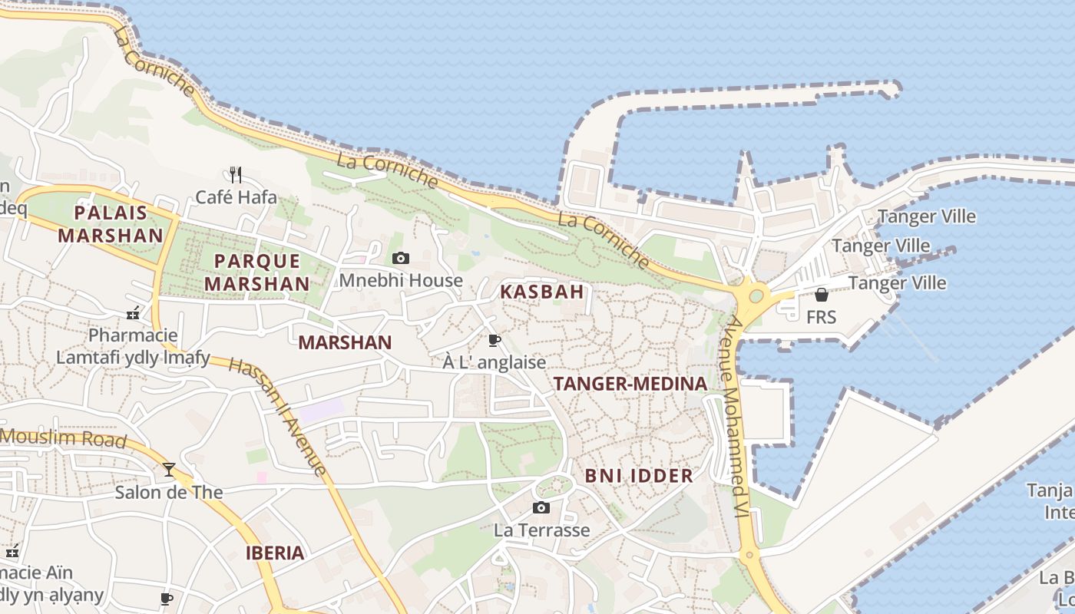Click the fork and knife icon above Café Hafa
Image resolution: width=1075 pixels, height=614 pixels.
pyautogui.click(x=236, y=175)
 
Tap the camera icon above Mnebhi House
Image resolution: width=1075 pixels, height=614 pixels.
pyautogui.click(x=401, y=258)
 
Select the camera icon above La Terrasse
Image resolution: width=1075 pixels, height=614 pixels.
pyautogui.click(x=541, y=507)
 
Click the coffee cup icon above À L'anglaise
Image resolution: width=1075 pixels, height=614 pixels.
pyautogui.click(x=495, y=340)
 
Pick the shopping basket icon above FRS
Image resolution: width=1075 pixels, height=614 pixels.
pyautogui.click(x=822, y=295)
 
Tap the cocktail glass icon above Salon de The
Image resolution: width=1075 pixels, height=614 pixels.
pyautogui.click(x=169, y=469)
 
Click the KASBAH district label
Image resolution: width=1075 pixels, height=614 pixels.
pyautogui.click(x=542, y=292)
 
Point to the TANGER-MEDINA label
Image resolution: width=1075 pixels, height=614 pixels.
pyautogui.click(x=630, y=384)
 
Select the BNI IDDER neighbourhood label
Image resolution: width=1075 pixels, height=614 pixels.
pyautogui.click(x=639, y=476)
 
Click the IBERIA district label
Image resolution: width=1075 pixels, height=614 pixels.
pyautogui.click(x=275, y=553)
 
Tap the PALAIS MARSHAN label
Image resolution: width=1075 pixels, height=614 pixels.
pyautogui.click(x=111, y=223)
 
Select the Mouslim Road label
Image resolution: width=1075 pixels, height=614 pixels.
pyautogui.click(x=63, y=438)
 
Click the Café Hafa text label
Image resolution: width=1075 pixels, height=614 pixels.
pyautogui.click(x=236, y=197)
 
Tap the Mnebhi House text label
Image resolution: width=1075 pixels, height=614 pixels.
pyautogui.click(x=401, y=280)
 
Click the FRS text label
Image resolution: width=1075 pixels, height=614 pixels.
pyautogui.click(x=821, y=317)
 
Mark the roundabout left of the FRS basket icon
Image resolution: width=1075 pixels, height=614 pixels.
pyautogui.click(x=756, y=295)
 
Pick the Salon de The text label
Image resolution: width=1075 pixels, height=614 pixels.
pyautogui.click(x=169, y=492)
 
